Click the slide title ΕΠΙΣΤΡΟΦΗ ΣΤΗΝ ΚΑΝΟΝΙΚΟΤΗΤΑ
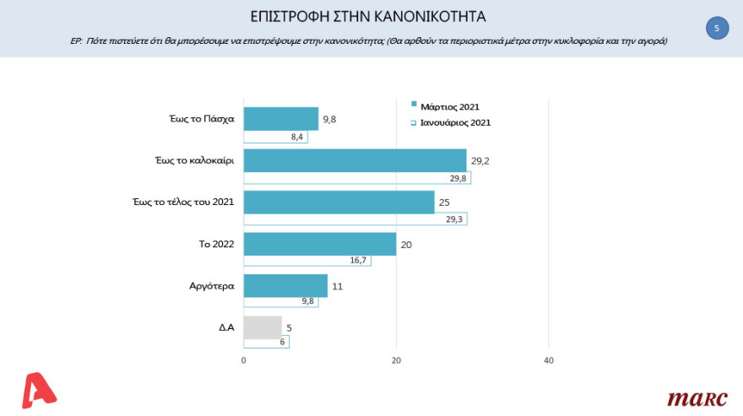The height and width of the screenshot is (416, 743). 370,16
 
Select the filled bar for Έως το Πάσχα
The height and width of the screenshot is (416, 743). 280,119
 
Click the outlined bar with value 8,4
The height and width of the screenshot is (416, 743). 275,138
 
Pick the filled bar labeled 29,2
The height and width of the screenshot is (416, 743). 355,160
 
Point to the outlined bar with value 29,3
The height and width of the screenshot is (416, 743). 355,219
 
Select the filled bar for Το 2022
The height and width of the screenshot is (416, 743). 319,244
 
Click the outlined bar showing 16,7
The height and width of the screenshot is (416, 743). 306,261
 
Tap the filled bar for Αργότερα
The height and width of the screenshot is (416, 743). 285,285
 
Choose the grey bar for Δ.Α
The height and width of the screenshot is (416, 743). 262,327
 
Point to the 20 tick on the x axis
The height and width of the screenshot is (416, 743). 396,361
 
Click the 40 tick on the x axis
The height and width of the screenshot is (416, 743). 548,361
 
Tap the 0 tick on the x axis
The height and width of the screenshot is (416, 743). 244,361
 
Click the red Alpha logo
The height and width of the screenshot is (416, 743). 37,391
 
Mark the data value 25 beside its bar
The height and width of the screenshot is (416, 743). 444,202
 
